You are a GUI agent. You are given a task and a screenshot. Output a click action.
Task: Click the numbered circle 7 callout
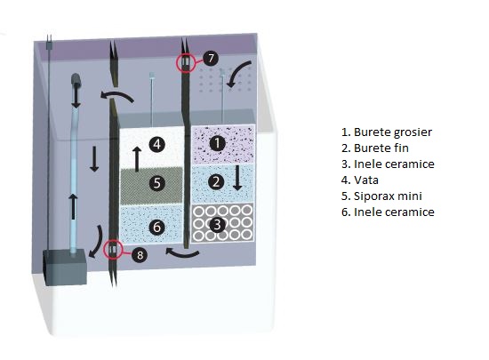211,58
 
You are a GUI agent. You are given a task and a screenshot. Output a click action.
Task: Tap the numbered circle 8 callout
140,255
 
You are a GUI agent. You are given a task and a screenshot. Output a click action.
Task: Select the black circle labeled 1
217,143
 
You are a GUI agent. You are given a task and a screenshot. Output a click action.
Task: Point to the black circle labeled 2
216,181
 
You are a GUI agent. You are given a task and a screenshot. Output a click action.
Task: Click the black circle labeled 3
217,224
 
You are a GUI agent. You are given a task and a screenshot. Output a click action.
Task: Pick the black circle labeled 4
156,144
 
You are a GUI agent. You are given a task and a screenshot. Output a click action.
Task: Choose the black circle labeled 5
156,183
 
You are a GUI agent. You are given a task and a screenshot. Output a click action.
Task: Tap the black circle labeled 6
156,227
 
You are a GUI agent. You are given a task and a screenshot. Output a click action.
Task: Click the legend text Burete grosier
393,132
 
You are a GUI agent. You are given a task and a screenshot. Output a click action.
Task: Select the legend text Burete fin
381,148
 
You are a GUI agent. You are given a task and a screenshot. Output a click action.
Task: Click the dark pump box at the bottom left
65,267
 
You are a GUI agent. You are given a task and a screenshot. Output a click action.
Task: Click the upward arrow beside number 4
137,159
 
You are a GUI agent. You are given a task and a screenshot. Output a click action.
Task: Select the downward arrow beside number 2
237,178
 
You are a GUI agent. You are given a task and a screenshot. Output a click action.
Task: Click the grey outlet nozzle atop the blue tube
76,80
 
